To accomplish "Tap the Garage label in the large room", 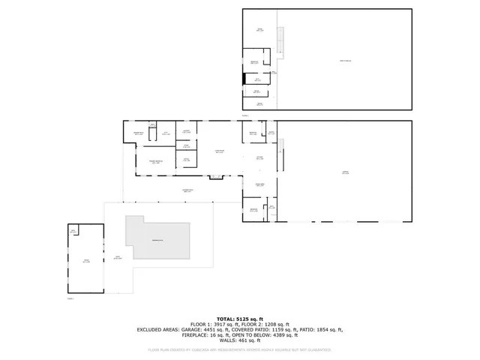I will (x=345, y=172).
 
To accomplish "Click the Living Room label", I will (x=220, y=151).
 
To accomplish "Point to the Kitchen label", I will (x=259, y=157).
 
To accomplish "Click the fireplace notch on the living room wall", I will (x=216, y=177).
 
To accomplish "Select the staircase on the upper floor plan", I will (x=280, y=40).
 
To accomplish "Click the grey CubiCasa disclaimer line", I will (x=239, y=349).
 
